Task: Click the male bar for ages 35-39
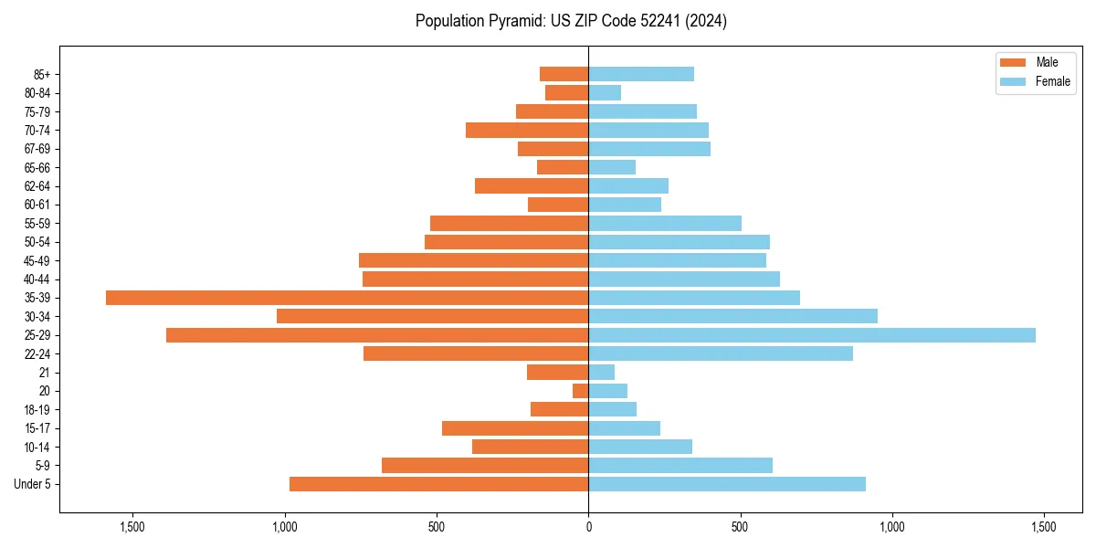point(347,298)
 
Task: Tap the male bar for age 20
point(581,391)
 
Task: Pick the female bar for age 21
point(602,373)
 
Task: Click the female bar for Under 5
point(727,484)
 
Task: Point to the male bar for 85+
point(564,74)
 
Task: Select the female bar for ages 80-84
point(605,92)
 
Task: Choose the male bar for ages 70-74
point(527,130)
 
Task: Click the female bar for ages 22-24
point(721,353)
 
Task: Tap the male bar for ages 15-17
point(515,428)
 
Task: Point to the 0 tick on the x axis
point(588,527)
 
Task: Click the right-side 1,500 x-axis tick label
point(1043,527)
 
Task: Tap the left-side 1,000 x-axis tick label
point(285,527)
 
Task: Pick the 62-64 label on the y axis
point(37,186)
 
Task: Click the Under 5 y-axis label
point(33,484)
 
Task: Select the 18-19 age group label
point(37,410)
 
